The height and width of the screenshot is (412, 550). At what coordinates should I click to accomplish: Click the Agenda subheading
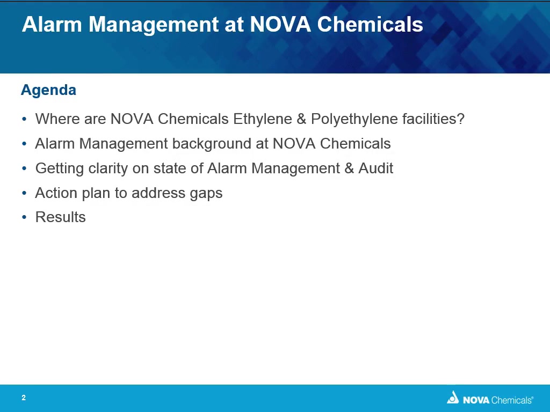click(x=48, y=91)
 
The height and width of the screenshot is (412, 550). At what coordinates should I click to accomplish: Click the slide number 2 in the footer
click(x=24, y=398)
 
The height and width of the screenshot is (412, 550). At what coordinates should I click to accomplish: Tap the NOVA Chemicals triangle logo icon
click(x=453, y=398)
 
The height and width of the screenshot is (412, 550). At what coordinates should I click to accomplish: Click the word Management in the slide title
click(x=154, y=25)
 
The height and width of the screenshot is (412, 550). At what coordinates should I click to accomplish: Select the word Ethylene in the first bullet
click(x=263, y=120)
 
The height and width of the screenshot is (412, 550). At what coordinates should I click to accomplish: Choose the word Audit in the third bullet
click(x=375, y=168)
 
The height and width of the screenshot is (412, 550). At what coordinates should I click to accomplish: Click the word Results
click(x=61, y=217)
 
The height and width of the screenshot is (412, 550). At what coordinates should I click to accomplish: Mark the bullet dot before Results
click(x=24, y=218)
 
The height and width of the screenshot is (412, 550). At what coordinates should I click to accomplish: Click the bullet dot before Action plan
click(x=24, y=193)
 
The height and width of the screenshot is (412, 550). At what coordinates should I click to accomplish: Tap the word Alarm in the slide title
click(x=52, y=25)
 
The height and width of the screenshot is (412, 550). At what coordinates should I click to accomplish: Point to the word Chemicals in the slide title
click(x=370, y=25)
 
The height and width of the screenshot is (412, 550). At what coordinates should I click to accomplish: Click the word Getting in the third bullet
click(x=60, y=169)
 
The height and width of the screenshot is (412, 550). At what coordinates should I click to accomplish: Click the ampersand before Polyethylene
click(x=302, y=119)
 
